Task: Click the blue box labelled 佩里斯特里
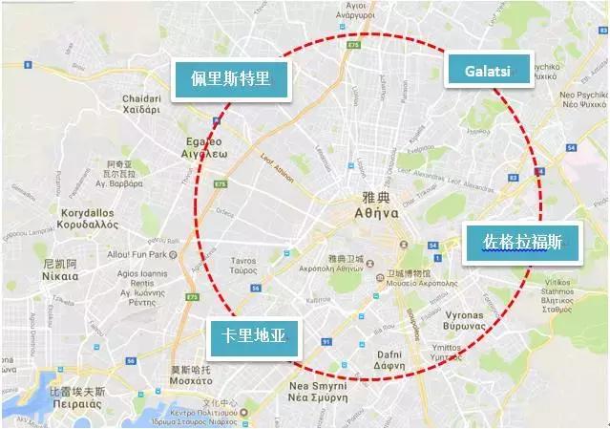(x=230, y=80)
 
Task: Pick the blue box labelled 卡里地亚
(x=253, y=336)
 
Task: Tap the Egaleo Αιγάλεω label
(x=204, y=146)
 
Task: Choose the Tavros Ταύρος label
(x=244, y=266)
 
